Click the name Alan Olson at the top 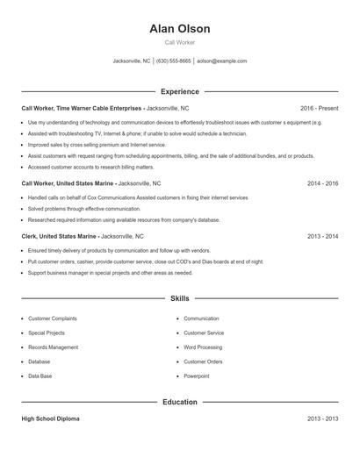pyautogui.click(x=179, y=28)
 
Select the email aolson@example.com pyautogui.click(x=221, y=61)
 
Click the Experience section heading pyautogui.click(x=179, y=91)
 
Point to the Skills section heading pyautogui.click(x=179, y=299)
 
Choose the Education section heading pyautogui.click(x=179, y=402)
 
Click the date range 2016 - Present pyautogui.click(x=319, y=108)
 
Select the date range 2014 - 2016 pyautogui.click(x=322, y=184)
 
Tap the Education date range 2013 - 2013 pyautogui.click(x=322, y=419)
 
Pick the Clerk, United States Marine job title pyautogui.click(x=58, y=236)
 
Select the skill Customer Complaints pyautogui.click(x=52, y=318)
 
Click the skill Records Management pyautogui.click(x=53, y=347)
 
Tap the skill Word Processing pyautogui.click(x=203, y=347)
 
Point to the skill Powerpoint pyautogui.click(x=197, y=376)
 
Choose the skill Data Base pyautogui.click(x=40, y=376)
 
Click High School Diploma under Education pyautogui.click(x=50, y=419)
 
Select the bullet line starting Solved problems pyautogui.click(x=83, y=209)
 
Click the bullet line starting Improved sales pyautogui.click(x=97, y=145)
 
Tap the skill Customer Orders pyautogui.click(x=203, y=361)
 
